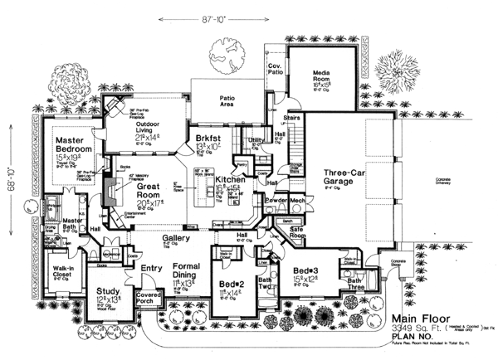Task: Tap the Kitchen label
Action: coord(230,179)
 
